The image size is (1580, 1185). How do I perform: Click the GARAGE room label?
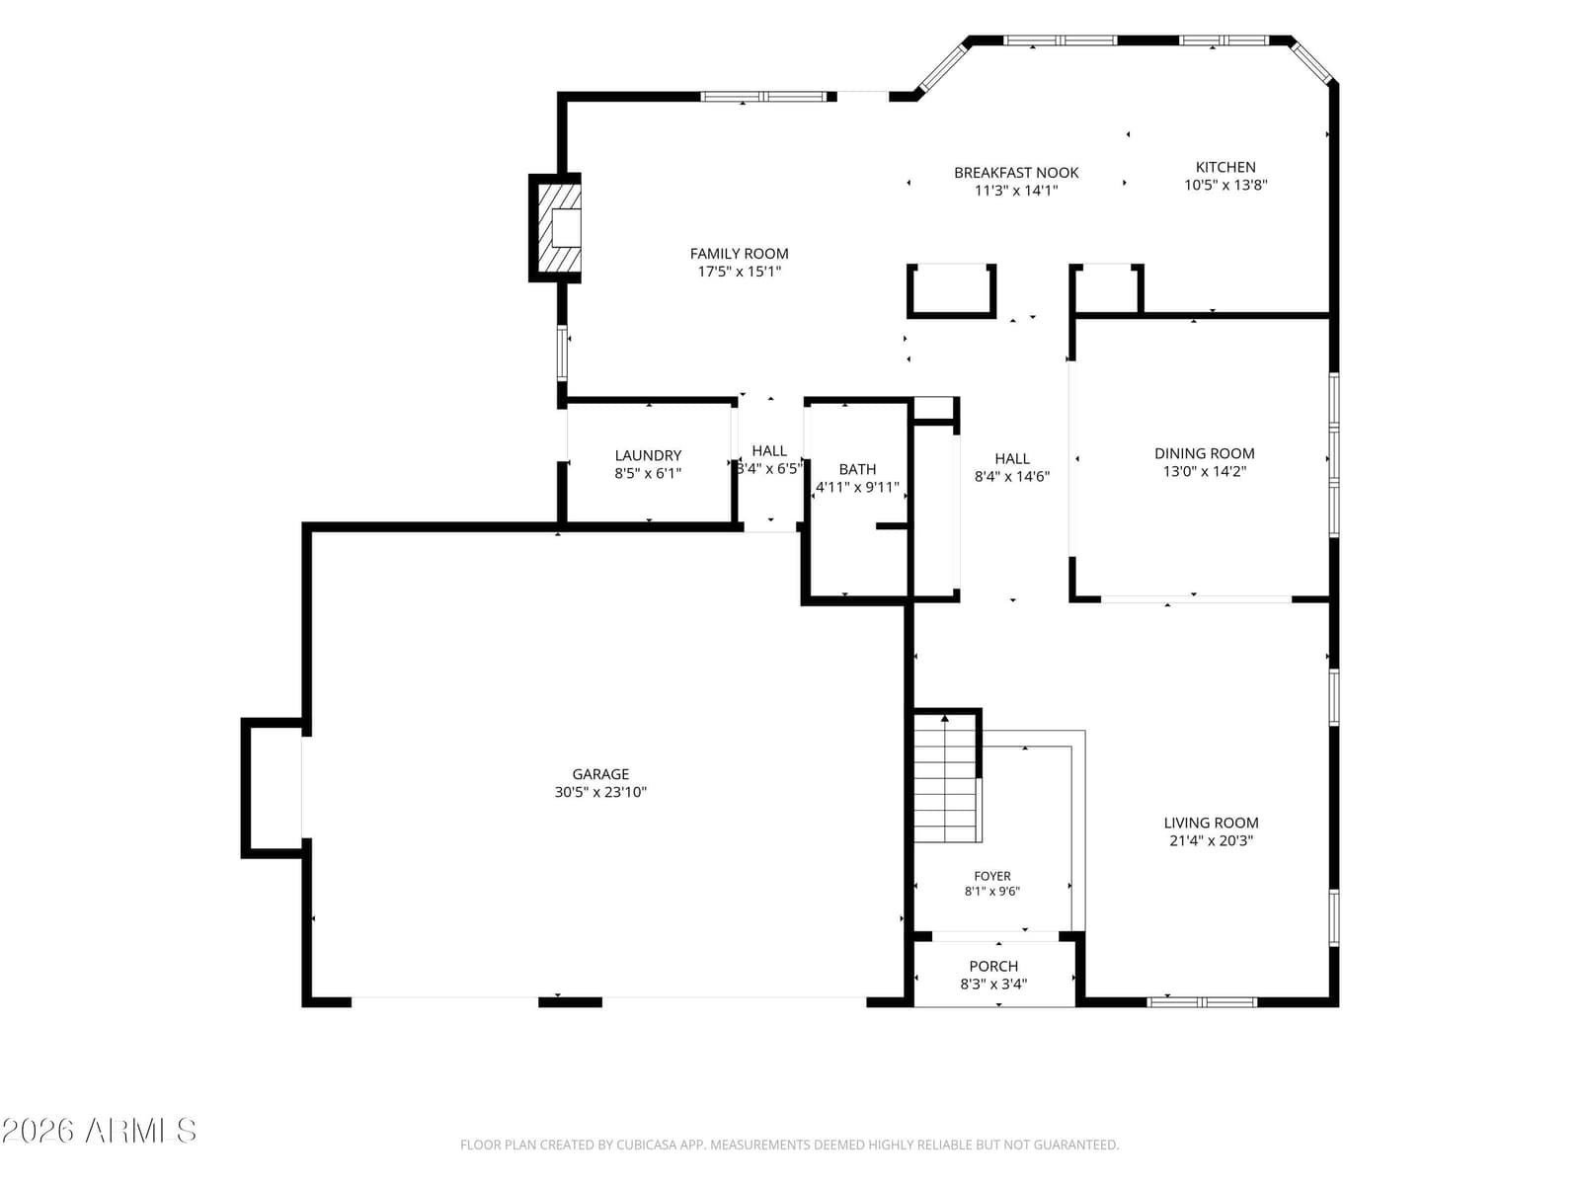click(600, 774)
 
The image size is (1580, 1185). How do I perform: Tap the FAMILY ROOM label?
click(740, 253)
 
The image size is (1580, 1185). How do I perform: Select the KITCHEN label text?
click(1225, 167)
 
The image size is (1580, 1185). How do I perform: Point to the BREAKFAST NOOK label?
click(1016, 173)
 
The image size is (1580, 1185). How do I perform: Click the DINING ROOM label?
click(1204, 453)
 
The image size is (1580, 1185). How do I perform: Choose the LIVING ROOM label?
click(1211, 823)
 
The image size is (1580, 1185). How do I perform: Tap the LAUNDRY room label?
click(648, 455)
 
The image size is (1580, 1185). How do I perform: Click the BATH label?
click(857, 469)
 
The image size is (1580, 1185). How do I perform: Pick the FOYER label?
click(991, 876)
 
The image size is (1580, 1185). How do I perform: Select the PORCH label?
click(993, 967)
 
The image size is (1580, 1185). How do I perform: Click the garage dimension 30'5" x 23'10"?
click(600, 792)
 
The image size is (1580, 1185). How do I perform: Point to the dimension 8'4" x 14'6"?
click(1012, 476)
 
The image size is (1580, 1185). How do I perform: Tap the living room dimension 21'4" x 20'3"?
click(1211, 840)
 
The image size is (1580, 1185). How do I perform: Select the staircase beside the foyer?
click(946, 778)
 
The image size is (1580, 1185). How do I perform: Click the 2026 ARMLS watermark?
click(99, 1131)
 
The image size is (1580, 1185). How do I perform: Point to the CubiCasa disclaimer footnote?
click(790, 1145)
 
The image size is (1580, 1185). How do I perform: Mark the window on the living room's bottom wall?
click(1202, 1002)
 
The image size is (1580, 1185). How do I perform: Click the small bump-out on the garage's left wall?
click(272, 788)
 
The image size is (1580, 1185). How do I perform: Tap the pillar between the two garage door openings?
click(570, 1002)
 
